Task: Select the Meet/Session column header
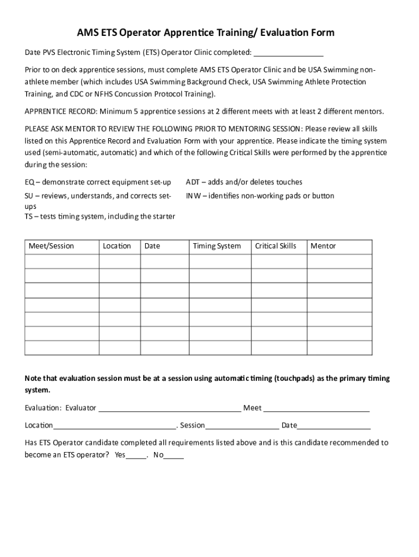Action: pos(51,246)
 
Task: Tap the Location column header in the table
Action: pos(117,246)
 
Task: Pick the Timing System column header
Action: pos(217,246)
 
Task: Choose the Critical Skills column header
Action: pos(276,246)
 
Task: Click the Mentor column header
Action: pos(323,246)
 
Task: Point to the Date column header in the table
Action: pos(152,246)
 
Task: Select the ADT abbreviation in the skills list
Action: pos(193,182)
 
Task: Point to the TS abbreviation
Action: pos(29,216)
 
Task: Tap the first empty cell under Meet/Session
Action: pos(61,262)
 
